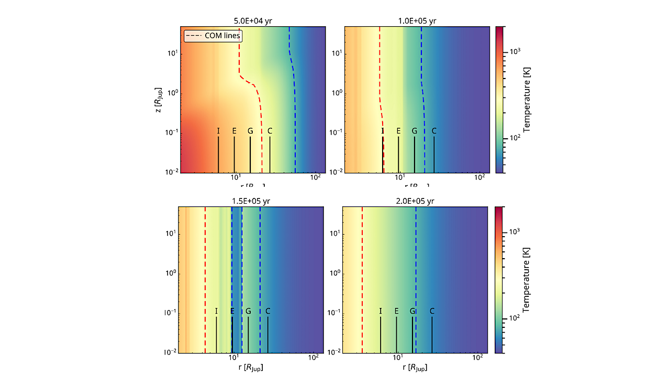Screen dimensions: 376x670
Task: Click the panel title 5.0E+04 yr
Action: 253,21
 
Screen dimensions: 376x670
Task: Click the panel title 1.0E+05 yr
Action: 417,21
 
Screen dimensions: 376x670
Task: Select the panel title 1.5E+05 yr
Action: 251,201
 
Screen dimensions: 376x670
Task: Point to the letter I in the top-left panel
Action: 218,131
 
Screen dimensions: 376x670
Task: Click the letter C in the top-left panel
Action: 270,131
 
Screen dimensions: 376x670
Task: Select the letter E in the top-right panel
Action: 398,131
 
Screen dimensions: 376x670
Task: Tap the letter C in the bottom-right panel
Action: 432,311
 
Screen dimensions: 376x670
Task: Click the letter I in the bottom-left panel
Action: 216,311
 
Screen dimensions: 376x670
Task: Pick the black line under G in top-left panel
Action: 250,155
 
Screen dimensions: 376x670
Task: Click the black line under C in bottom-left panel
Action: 268,335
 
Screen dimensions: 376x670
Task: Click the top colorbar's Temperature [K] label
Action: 527,100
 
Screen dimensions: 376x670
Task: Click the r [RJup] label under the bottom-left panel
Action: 250,368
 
